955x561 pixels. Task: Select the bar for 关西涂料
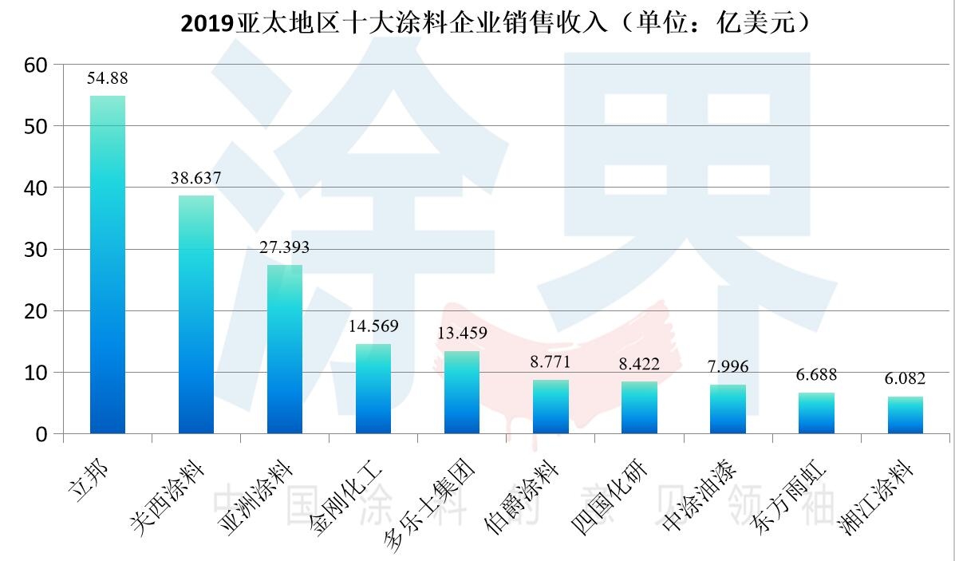click(195, 314)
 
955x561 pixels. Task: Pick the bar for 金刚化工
click(373, 389)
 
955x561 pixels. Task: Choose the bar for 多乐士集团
click(461, 392)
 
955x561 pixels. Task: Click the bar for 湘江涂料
click(905, 415)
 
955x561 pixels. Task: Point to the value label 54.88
click(108, 78)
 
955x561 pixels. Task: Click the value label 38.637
click(195, 178)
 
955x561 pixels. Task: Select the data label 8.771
click(550, 362)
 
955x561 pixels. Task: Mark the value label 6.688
click(816, 374)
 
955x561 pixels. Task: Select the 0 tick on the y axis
click(42, 435)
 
